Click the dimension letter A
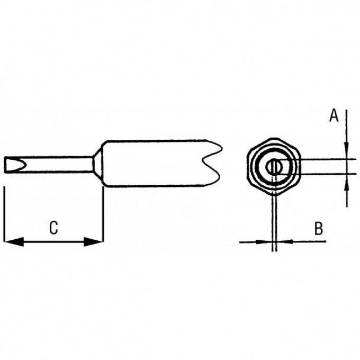334,115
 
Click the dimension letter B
319,229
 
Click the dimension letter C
53,228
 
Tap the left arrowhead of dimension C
14,242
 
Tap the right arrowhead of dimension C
94,242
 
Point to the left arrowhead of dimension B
264,242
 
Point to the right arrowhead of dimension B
285,242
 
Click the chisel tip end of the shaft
15,165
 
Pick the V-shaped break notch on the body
211,164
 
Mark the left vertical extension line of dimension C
4,214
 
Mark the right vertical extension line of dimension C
103,214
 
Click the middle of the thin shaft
49,165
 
